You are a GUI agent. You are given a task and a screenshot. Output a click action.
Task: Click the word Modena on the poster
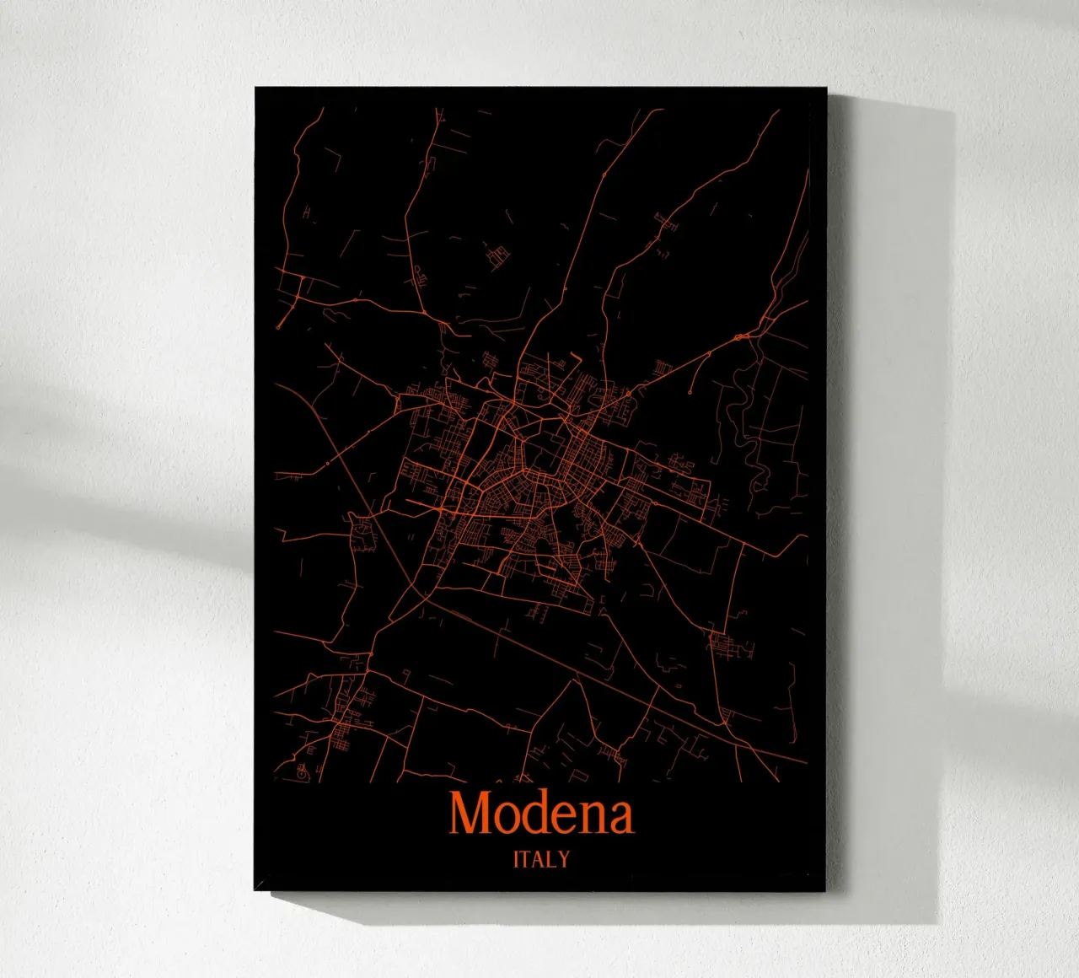541,814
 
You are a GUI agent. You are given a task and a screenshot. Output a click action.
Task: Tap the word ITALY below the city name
541,859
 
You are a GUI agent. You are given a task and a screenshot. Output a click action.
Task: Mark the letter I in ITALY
517,859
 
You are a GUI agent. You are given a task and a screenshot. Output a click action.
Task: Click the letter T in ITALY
528,859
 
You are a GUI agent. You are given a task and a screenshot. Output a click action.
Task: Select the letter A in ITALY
540,859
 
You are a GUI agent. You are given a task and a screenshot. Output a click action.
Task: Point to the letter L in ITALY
553,859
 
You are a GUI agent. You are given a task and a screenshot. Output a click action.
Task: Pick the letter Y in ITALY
564,859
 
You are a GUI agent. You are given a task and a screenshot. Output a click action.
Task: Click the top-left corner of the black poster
256,88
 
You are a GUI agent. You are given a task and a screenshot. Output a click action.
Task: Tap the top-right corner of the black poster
825,89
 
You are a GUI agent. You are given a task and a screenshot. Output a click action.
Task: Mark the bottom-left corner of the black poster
255,889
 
